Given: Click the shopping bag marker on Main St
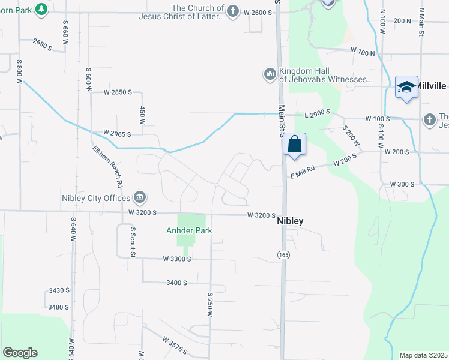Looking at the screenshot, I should click(294, 145).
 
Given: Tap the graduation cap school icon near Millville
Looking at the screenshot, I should click(406, 87).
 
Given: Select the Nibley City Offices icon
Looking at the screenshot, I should click(139, 197).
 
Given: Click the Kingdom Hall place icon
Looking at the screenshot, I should click(270, 74).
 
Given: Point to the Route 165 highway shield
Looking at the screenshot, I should click(281, 255).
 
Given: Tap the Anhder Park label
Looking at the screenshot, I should click(189, 230).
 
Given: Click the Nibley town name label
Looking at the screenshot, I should click(290, 221).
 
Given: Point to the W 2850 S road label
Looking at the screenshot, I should click(118, 92).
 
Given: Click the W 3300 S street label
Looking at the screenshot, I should click(176, 259).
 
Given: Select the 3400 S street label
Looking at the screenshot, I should click(177, 282).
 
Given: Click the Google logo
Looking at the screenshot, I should click(20, 353).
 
